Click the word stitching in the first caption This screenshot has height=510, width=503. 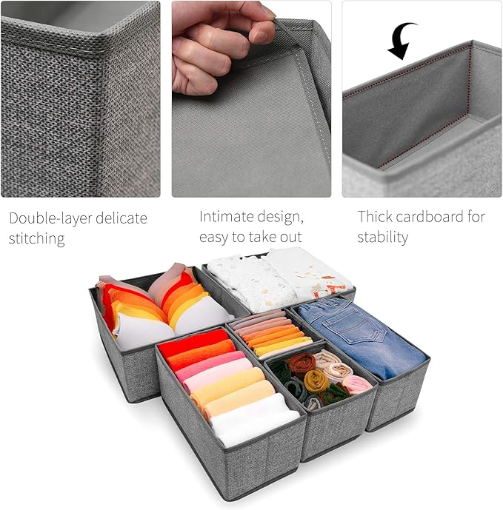[x=37, y=238]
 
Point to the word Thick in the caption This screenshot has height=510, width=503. [x=377, y=217]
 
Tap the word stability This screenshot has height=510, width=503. [x=383, y=238]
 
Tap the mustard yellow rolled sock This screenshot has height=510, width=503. [x=316, y=380]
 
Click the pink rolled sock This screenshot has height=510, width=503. [x=357, y=383]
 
